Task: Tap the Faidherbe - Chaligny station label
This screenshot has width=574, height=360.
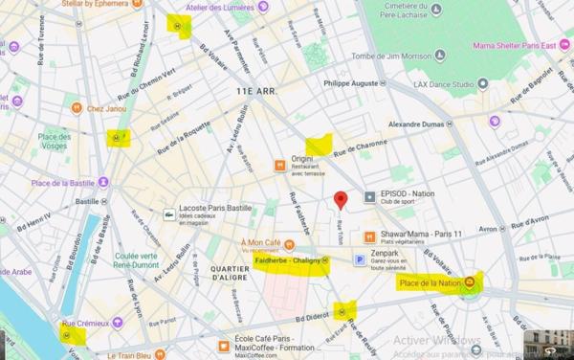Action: coord(290,260)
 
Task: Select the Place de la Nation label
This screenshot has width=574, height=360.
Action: coord(430,283)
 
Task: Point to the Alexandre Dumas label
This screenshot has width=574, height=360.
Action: coord(420,124)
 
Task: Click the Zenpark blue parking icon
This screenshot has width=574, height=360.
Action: coord(360,259)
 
